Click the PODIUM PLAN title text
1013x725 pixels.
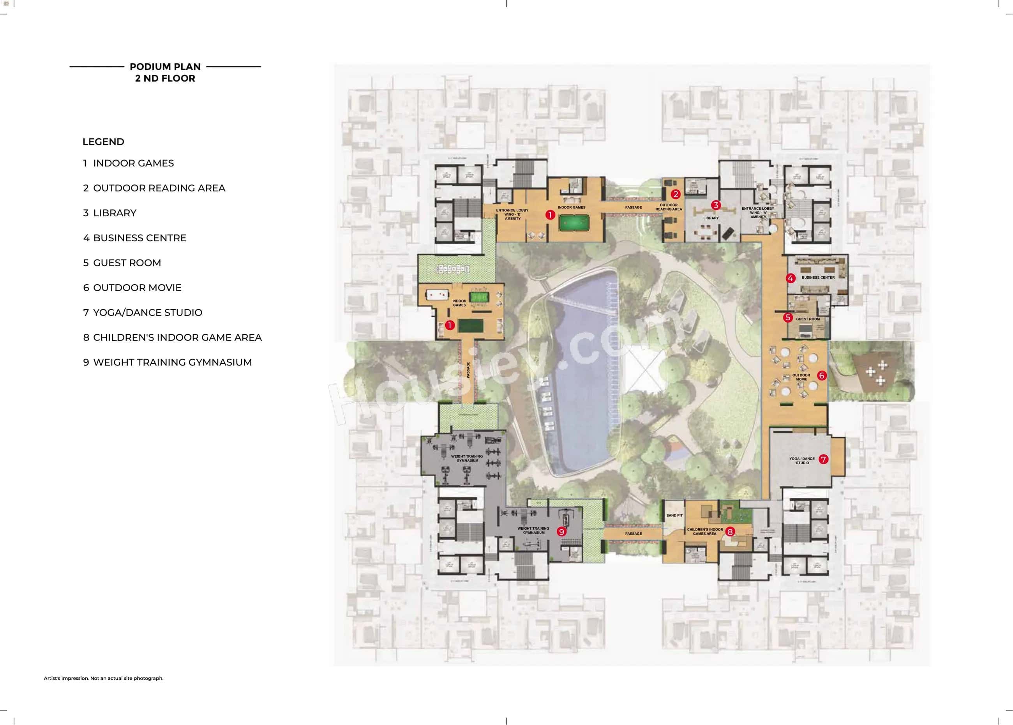click(x=165, y=67)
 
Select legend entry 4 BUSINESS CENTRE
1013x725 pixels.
click(x=134, y=238)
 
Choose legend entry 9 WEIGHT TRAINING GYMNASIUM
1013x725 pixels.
click(x=168, y=362)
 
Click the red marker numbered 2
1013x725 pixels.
click(x=675, y=194)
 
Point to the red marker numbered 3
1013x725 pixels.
click(x=716, y=205)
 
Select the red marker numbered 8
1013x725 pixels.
click(x=730, y=532)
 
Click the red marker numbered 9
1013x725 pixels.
click(x=561, y=532)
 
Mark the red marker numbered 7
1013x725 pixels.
click(x=823, y=459)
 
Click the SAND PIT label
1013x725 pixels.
click(x=674, y=516)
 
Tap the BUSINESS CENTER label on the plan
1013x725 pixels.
click(x=818, y=278)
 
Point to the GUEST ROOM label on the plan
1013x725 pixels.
click(x=808, y=319)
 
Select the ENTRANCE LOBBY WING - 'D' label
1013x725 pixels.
click(x=512, y=214)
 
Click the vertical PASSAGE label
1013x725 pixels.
click(x=468, y=370)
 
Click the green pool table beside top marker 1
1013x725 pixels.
click(x=574, y=221)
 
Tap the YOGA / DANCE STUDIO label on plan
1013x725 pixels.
click(x=802, y=461)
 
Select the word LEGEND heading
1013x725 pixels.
click(x=103, y=142)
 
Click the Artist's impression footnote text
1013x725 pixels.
click(x=104, y=678)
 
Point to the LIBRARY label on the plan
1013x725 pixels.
click(x=711, y=218)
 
